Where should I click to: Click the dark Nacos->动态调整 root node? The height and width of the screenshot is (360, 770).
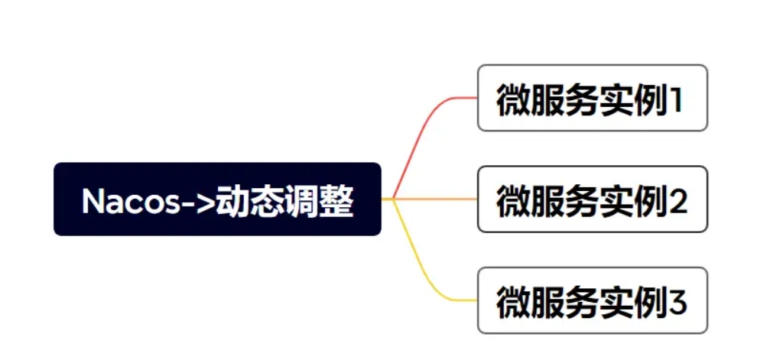pos(218,199)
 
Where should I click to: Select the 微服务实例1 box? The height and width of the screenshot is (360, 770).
pos(593,98)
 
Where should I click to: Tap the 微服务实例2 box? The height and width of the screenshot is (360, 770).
pos(593,199)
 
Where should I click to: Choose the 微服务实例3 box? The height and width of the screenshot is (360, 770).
pos(593,300)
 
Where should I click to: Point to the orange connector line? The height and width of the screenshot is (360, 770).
pos(435,199)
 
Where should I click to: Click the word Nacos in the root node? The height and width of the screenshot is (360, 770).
pos(131,201)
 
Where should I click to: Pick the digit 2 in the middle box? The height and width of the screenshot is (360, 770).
pos(677,201)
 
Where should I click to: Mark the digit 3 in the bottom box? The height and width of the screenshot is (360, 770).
pos(677,303)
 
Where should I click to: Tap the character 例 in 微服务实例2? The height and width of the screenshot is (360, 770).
pos(651,201)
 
